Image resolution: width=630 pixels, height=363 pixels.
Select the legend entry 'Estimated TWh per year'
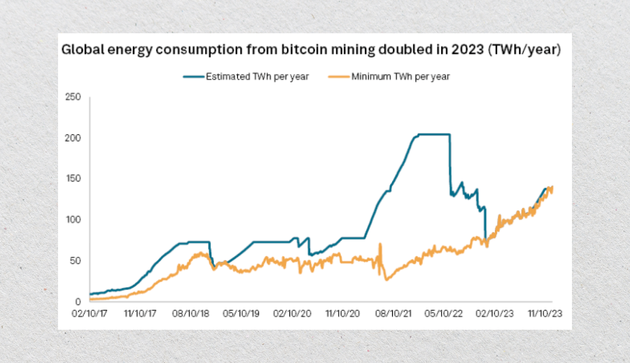pos(257,76)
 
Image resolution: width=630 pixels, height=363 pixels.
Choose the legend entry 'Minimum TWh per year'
pos(400,76)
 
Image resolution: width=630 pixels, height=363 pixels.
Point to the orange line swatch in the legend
pos(338,76)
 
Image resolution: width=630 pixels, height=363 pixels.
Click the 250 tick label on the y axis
pos(72,97)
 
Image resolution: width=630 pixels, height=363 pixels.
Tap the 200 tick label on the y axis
pos(72,138)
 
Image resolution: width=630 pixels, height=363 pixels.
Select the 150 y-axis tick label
pos(72,179)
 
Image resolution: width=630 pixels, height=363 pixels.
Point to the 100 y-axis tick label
pos(72,220)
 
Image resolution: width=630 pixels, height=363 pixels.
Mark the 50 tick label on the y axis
pos(74,261)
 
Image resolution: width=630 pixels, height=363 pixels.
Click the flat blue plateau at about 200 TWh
pos(433,134)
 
